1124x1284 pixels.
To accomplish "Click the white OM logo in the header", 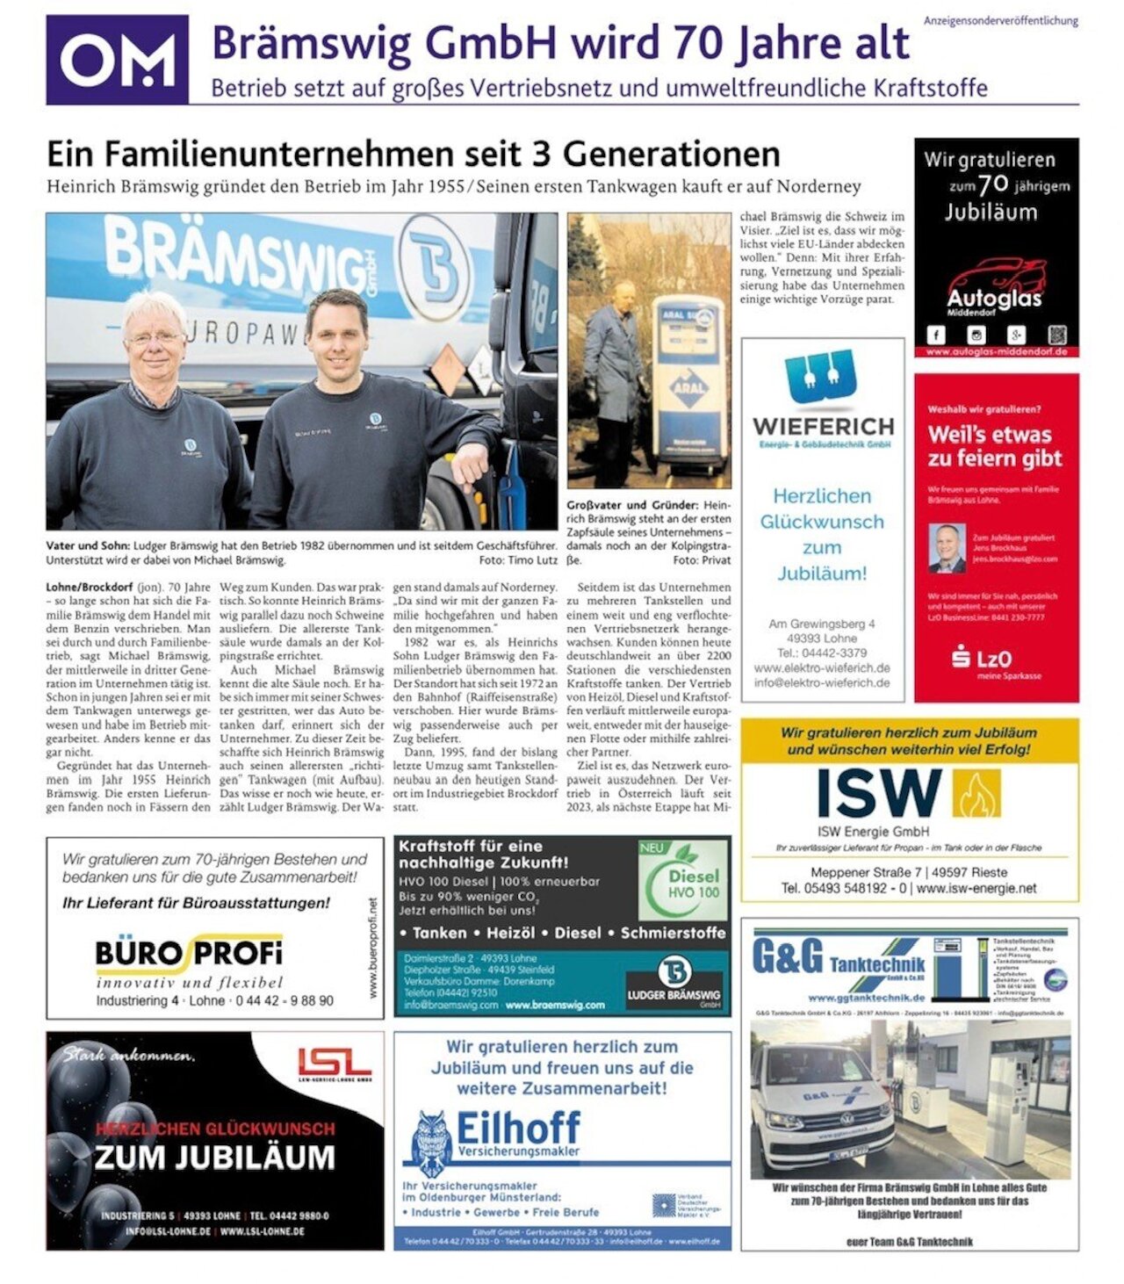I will coord(117,61).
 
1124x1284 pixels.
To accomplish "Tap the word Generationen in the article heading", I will coord(671,154).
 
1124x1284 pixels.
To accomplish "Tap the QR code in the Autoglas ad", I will coord(1056,335).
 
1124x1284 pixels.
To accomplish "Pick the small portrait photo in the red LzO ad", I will coord(947,548).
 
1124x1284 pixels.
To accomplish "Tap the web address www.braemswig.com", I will coord(555,1005).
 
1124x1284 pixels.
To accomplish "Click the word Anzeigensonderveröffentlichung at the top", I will coord(1000,20).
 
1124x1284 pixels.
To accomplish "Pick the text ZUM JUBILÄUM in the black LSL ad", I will coord(214,1157).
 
